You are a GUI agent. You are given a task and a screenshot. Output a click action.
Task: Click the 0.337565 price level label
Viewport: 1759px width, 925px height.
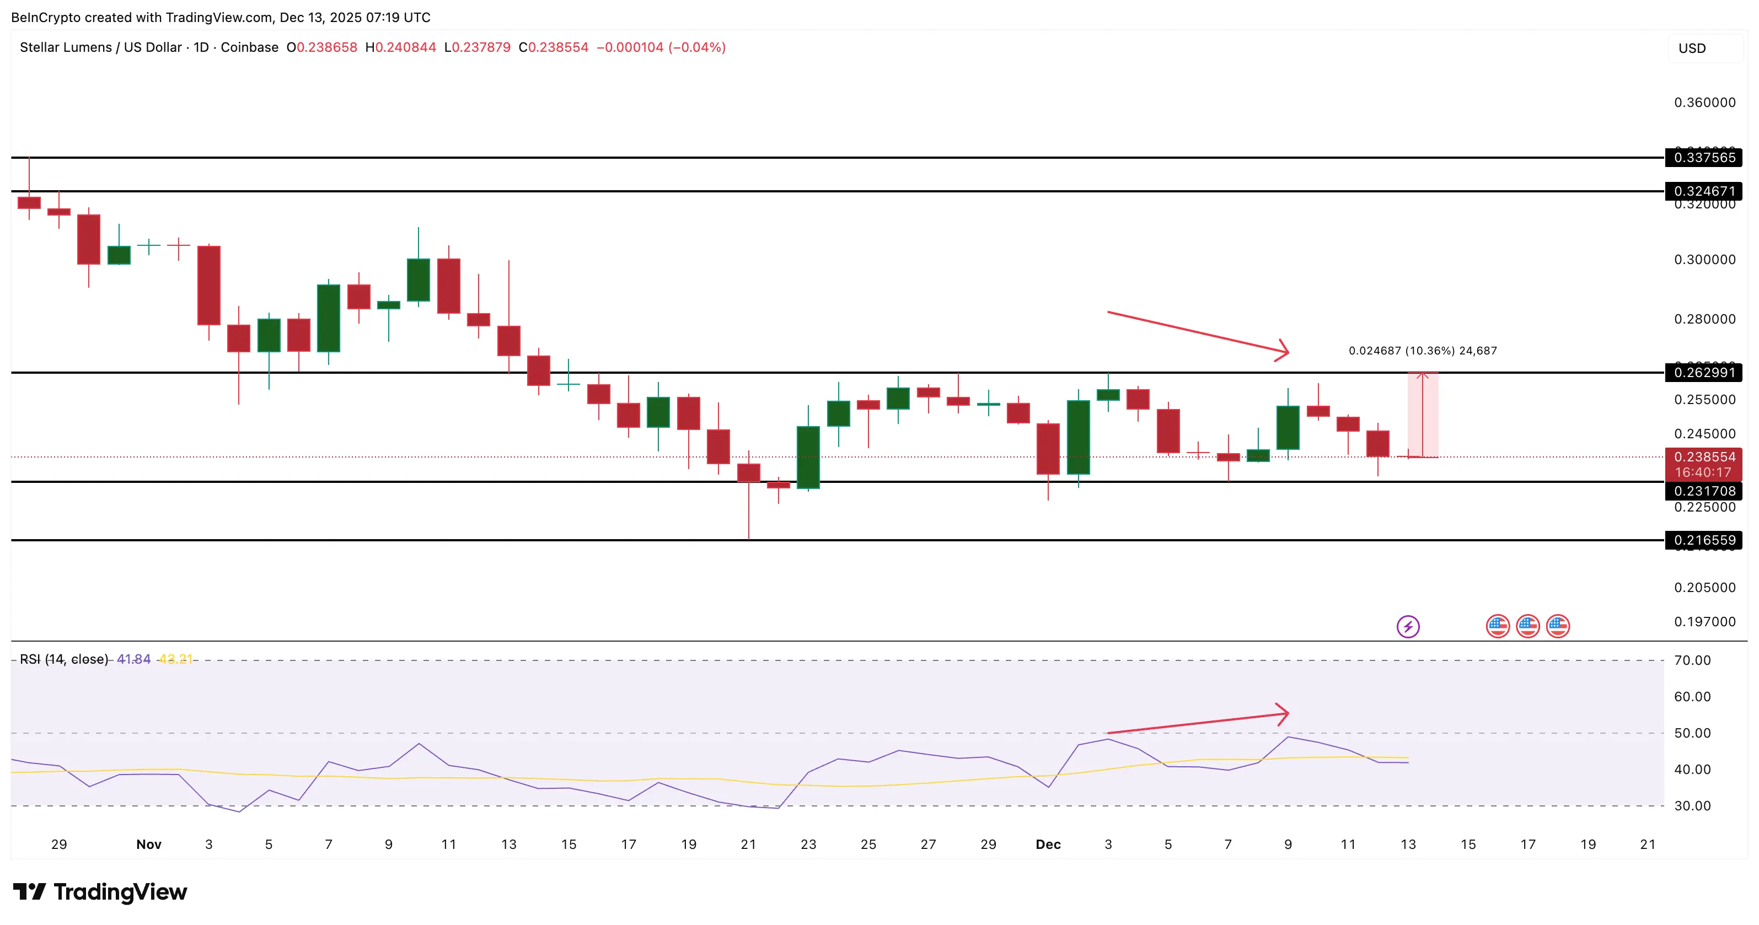click(1704, 158)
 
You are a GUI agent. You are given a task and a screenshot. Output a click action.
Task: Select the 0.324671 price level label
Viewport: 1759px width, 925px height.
click(1704, 191)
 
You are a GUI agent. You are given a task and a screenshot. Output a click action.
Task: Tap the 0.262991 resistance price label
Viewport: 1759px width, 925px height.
click(1704, 373)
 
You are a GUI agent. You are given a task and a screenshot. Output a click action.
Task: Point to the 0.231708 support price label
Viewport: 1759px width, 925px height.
click(1704, 491)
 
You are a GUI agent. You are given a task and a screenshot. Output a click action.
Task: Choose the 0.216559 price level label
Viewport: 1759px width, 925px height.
click(1704, 540)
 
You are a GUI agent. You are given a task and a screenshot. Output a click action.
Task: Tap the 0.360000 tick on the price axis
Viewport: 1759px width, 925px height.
click(1704, 103)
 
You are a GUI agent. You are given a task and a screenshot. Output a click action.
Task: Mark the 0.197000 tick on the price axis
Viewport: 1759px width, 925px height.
click(1704, 622)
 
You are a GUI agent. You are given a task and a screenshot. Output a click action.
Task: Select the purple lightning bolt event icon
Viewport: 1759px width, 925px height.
click(1408, 626)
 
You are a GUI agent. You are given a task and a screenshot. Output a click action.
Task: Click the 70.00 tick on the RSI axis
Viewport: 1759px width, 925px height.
click(1692, 660)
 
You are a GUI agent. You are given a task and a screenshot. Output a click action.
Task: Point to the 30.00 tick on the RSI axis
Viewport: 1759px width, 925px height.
click(1692, 805)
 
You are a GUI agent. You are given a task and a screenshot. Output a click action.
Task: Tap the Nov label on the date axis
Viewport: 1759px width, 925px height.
click(149, 845)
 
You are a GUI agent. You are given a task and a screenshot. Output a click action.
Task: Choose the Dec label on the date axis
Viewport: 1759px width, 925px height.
click(1048, 845)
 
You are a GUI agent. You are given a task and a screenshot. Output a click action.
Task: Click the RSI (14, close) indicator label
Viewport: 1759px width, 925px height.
click(64, 659)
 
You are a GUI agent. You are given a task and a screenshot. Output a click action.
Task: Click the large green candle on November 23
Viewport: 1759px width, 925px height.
click(808, 458)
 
